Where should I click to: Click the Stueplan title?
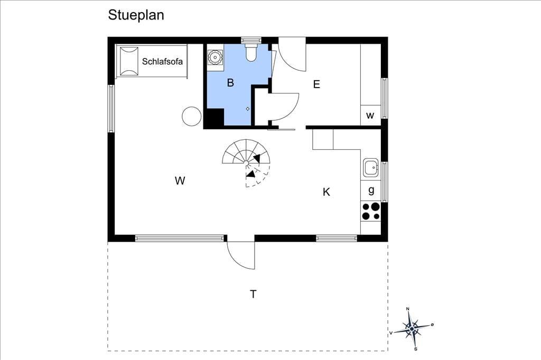tap(136, 15)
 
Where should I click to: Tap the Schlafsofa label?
tap(162, 62)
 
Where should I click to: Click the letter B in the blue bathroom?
tap(230, 83)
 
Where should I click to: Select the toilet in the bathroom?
tap(251, 52)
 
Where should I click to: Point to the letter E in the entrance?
tap(316, 84)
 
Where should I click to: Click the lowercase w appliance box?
tap(370, 116)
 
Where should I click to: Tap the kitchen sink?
tap(370, 167)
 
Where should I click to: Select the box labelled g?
tap(371, 191)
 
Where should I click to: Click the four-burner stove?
tap(371, 211)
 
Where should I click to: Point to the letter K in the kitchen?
tap(327, 192)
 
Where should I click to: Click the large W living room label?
tap(180, 181)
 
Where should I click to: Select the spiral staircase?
tap(246, 163)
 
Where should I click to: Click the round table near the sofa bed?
tap(191, 116)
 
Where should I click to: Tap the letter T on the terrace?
tap(253, 294)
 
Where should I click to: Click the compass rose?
tap(412, 329)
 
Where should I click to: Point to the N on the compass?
tap(407, 309)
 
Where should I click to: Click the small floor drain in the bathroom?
tap(248, 109)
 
